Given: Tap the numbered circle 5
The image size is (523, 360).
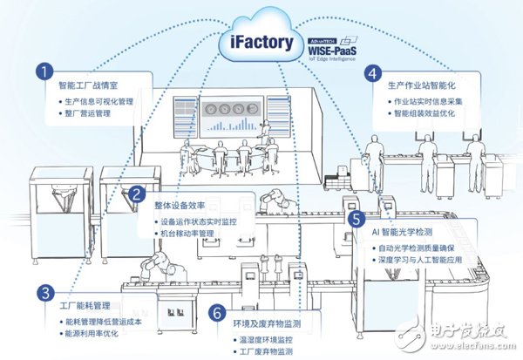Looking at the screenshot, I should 357,219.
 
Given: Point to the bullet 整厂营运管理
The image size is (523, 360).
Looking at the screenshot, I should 86,113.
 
